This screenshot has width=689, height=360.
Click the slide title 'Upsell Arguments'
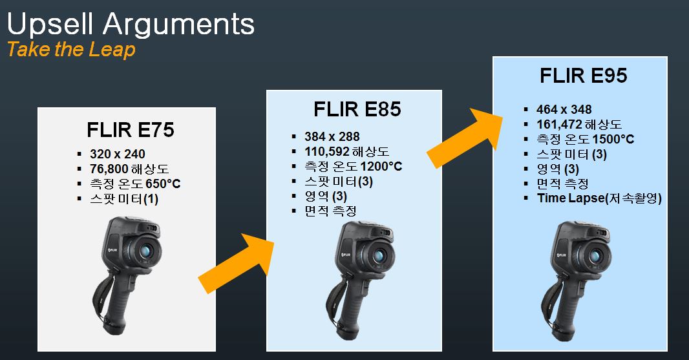[x=131, y=25]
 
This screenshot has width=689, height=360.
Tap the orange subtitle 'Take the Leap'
[x=71, y=49]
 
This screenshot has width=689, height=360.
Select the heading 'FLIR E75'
[x=131, y=130]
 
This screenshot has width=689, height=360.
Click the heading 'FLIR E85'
[x=357, y=109]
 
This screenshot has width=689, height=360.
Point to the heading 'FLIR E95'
[x=583, y=76]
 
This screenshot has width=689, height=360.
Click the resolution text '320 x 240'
[x=118, y=154]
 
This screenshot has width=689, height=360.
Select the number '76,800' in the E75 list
[x=109, y=169]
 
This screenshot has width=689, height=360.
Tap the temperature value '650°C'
[x=163, y=184]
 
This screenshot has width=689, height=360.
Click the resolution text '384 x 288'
[x=332, y=137]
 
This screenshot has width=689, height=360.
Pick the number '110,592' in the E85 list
[x=327, y=152]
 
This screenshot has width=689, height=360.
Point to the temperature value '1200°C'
[x=381, y=166]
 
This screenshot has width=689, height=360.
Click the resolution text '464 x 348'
[x=564, y=109]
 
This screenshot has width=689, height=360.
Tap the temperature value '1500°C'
[x=613, y=139]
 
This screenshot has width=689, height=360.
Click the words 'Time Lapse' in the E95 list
[x=571, y=198]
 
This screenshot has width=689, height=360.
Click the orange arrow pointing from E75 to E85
[x=237, y=264]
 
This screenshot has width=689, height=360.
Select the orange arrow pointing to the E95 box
[x=465, y=138]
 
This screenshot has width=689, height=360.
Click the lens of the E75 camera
[x=145, y=251]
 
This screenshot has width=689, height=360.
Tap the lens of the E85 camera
[x=378, y=256]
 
